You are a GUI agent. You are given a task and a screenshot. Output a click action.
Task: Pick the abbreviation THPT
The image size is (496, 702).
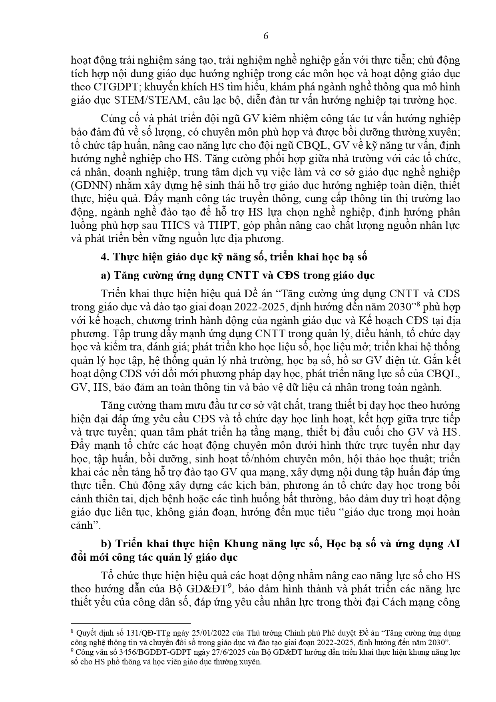tap(222, 225)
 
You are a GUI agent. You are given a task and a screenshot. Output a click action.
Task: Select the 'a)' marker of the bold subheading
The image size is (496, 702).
tap(106, 275)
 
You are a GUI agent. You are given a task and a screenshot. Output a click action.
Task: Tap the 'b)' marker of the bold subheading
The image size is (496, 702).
tap(106, 544)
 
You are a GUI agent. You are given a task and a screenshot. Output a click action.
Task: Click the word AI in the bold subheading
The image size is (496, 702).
tap(452, 544)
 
